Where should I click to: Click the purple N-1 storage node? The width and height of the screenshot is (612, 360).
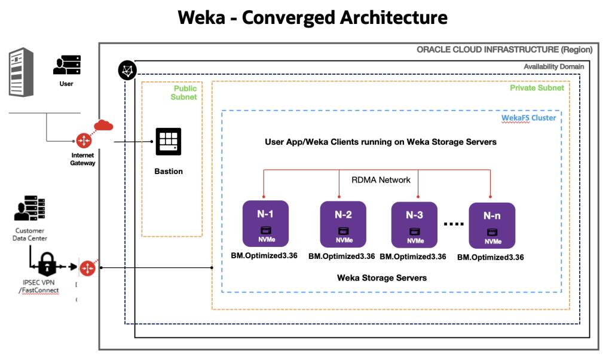pyautogui.click(x=265, y=223)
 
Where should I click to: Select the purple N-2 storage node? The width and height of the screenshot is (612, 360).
pyautogui.click(x=343, y=224)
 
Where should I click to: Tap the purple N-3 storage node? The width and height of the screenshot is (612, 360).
pyautogui.click(x=415, y=224)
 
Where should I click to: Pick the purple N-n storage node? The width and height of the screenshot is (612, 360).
pyautogui.click(x=492, y=225)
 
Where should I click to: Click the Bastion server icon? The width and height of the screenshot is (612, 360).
pyautogui.click(x=168, y=142)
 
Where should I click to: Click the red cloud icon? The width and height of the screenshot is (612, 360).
pyautogui.click(x=104, y=125)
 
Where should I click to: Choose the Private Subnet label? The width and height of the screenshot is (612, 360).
pyautogui.click(x=536, y=87)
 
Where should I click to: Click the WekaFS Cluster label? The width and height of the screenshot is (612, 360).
pyautogui.click(x=528, y=117)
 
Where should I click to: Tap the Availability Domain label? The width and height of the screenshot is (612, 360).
pyautogui.click(x=553, y=66)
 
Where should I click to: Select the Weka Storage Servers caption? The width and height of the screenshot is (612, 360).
pyautogui.click(x=382, y=277)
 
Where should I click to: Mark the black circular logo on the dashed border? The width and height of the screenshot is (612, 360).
pyautogui.click(x=127, y=71)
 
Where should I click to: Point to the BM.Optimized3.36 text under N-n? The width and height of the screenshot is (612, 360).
pyautogui.click(x=490, y=258)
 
